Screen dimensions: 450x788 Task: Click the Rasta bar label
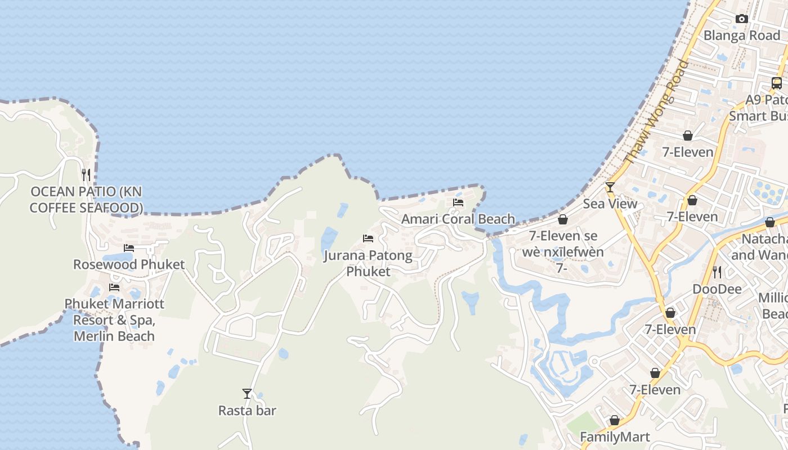coord(247,411)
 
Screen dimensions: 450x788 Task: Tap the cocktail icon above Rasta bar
coord(247,393)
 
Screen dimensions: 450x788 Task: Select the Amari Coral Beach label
coord(458,219)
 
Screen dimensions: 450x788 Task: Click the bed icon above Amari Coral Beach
coord(458,202)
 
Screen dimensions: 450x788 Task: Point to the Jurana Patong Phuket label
coord(368,263)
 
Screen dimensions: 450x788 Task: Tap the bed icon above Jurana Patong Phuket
coord(368,238)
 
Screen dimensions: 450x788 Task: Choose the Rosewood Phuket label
coord(129,264)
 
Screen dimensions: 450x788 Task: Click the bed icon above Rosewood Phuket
coord(129,247)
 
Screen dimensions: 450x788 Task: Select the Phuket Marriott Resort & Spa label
coord(114,319)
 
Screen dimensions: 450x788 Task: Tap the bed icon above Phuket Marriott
coord(114,287)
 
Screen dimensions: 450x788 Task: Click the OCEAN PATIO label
coord(86,200)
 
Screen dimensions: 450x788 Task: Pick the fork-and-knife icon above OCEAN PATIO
coord(86,174)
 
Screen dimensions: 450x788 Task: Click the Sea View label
coord(610,204)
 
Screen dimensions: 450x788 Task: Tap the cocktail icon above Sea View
coord(610,187)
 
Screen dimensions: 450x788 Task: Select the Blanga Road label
coord(742,35)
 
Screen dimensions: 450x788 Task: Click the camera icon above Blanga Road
coord(742,19)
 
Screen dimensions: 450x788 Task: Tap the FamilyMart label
coord(615,437)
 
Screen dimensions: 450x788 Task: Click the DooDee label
coord(717,289)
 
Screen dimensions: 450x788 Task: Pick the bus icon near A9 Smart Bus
coord(777,83)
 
